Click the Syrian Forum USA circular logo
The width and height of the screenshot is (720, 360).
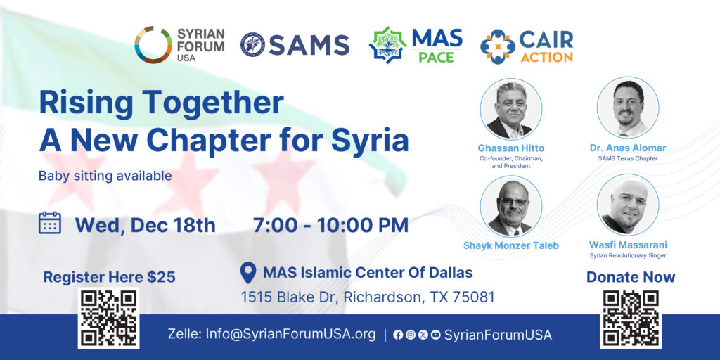pos(153,44)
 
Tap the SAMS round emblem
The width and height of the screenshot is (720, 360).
pos(252,45)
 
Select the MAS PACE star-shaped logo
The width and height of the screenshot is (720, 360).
pos(387,45)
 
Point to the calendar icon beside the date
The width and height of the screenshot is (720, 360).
pos(50,223)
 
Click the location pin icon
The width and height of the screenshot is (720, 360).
pos(248,273)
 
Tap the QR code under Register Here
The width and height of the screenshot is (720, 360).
pos(109,318)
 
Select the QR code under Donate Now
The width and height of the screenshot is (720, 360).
pos(631,319)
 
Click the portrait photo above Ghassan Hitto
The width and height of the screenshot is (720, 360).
pos(511,109)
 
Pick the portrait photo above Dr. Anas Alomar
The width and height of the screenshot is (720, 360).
pos(628,108)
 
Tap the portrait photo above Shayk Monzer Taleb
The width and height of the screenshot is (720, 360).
pos(511,206)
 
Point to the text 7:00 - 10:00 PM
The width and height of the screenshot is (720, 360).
pos(330,225)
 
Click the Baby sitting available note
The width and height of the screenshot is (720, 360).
pos(105,176)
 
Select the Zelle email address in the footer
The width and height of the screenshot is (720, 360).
pos(290,334)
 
